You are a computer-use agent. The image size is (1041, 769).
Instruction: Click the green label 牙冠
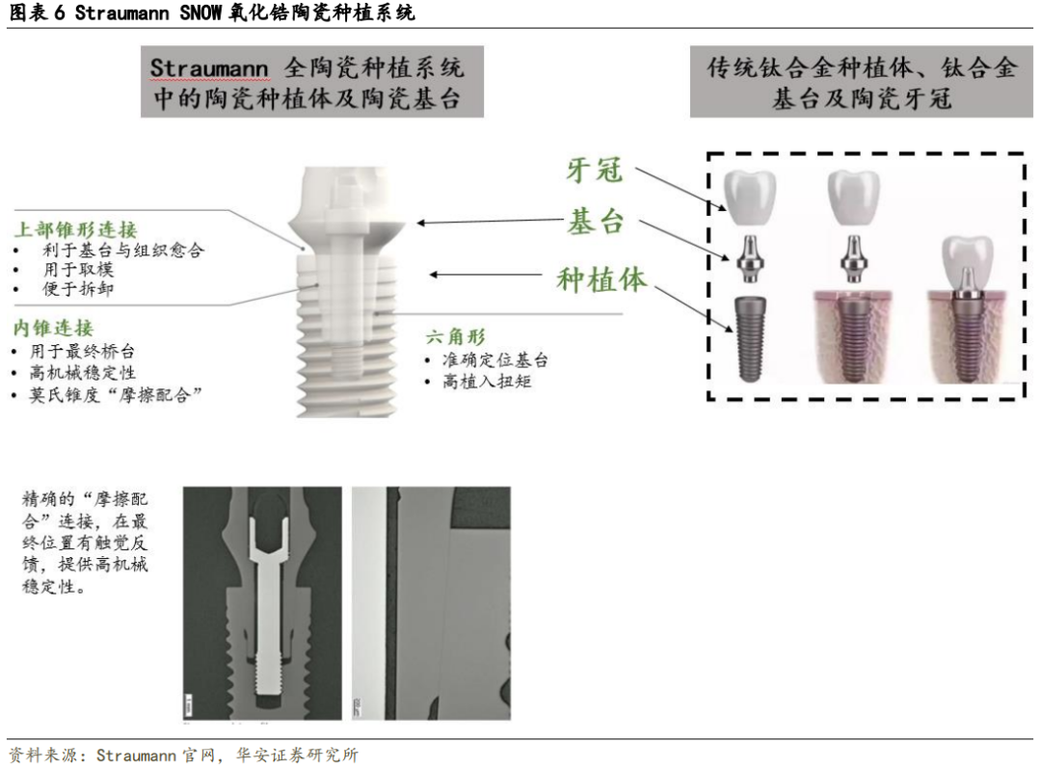pyautogui.click(x=594, y=170)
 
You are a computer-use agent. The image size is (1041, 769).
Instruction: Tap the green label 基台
pyautogui.click(x=595, y=222)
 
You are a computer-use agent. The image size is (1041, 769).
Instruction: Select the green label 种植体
pyautogui.click(x=601, y=279)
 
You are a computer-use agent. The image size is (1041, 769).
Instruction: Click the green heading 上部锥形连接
pyautogui.click(x=76, y=229)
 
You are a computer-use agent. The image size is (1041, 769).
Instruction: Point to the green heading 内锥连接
pyautogui.click(x=53, y=328)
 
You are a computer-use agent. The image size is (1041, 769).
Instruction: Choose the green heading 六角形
pyautogui.click(x=455, y=336)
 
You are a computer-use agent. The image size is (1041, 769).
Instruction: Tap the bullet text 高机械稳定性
pyautogui.click(x=82, y=372)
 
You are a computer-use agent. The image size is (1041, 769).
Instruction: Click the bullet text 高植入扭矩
pyautogui.click(x=488, y=381)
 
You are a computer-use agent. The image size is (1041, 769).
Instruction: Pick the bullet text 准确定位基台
pyautogui.click(x=495, y=360)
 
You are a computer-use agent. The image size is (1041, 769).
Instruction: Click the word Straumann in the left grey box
pyautogui.click(x=208, y=68)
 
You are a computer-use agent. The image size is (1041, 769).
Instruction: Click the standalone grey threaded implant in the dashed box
pyautogui.click(x=751, y=340)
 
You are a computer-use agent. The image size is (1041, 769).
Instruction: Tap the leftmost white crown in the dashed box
pyautogui.click(x=750, y=197)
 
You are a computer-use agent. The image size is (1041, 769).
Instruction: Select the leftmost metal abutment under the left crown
pyautogui.click(x=750, y=259)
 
